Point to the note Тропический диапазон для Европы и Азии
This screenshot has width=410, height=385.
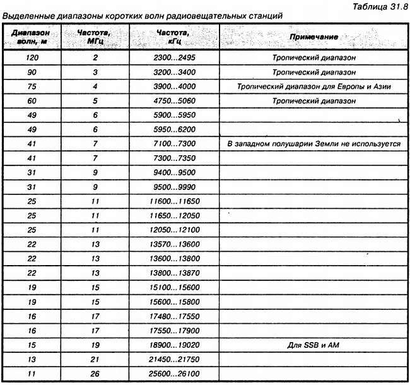pos(313,86)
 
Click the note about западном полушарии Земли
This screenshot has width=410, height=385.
pos(313,144)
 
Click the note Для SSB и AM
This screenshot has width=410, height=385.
pos(313,345)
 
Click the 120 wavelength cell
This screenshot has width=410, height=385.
pos(26,57)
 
